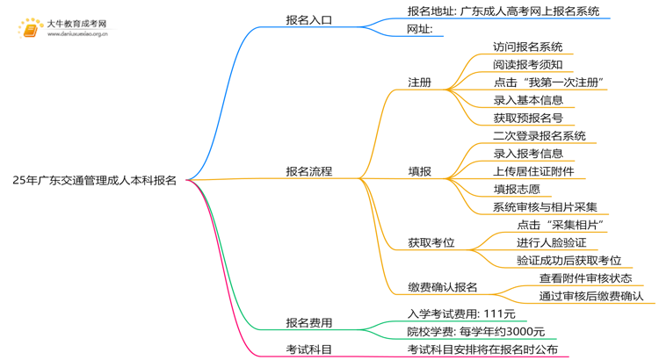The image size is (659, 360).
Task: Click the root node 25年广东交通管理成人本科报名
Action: pos(94,180)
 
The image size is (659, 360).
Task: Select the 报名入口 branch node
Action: pos(308,19)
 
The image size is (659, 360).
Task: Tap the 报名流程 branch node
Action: pos(308,171)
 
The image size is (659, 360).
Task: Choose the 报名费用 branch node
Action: pos(308,322)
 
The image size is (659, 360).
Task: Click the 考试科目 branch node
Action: pos(308,349)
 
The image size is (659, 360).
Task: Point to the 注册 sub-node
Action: pos(419,82)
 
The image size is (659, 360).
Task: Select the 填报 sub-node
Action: pos(419,171)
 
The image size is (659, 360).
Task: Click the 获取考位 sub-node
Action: pos(431,242)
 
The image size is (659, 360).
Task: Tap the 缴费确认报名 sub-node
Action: pos(442,286)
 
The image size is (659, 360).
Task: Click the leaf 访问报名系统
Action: pos(527,47)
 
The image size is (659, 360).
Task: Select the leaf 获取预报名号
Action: pos(527,118)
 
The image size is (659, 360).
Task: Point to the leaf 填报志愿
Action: pos(516,189)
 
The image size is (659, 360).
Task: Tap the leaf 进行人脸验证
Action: pos(551,242)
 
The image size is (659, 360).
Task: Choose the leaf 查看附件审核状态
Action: pos(586,277)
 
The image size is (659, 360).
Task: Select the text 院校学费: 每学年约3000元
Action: pos(475,331)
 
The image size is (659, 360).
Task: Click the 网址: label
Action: pos(424,29)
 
